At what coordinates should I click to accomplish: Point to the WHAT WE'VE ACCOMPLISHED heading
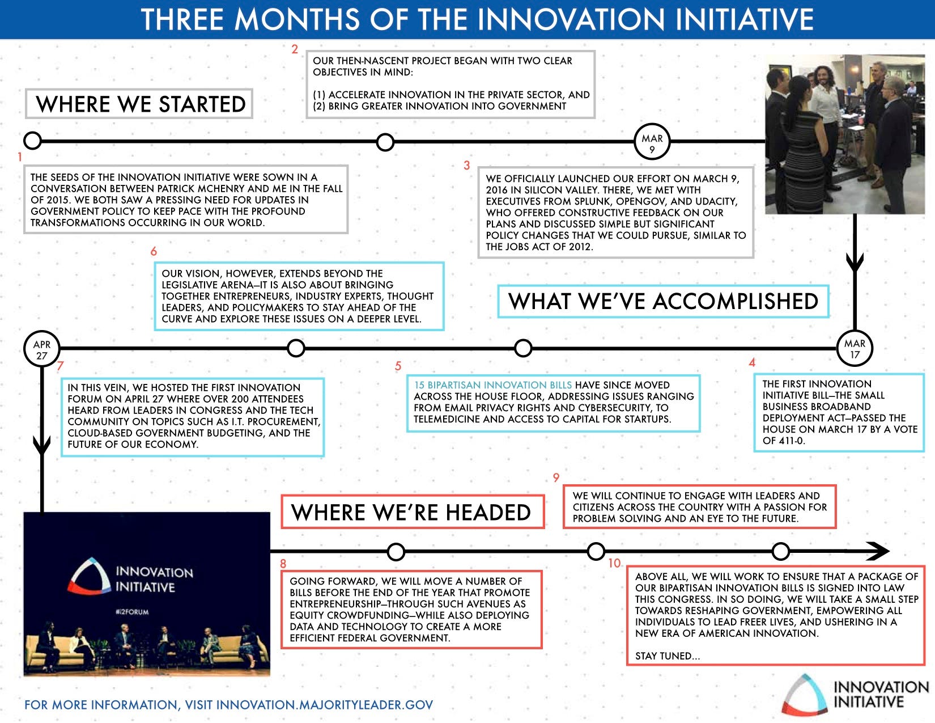(663, 302)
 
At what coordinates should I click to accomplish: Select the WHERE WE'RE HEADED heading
(413, 512)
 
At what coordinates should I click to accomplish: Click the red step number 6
(154, 251)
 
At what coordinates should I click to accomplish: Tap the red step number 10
(614, 563)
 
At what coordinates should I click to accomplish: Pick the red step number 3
(467, 166)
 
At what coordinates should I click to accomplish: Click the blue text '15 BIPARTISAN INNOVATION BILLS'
(493, 385)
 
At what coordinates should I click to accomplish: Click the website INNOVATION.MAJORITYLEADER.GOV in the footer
(325, 704)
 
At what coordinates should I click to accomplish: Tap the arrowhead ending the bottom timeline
(878, 551)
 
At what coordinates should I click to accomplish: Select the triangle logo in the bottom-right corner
(804, 694)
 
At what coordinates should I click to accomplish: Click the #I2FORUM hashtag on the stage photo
(132, 612)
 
